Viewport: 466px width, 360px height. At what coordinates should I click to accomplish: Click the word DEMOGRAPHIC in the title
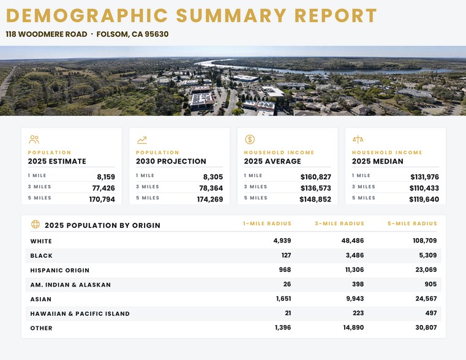pos(87,15)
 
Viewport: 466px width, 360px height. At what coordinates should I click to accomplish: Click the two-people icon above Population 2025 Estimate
pos(34,140)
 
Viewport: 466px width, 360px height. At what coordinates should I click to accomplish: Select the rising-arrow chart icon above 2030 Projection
pos(142,140)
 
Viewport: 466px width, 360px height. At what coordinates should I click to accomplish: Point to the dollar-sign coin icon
pos(250,140)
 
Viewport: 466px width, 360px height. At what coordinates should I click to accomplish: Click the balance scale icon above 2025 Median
pos(358,140)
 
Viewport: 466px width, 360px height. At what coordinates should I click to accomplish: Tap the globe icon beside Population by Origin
pos(36,224)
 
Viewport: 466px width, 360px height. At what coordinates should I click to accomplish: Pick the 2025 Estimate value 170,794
pos(102,200)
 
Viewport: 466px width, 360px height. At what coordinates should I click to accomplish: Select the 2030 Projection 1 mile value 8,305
pos(213,177)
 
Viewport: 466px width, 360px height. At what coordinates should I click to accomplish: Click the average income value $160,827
pos(315,177)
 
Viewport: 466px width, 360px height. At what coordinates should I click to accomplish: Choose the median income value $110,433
pos(424,188)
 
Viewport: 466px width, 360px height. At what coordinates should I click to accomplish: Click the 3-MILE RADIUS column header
pos(339,223)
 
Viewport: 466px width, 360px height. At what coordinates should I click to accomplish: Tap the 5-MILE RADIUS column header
pos(412,223)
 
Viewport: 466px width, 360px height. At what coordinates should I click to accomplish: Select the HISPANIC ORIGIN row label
pos(60,270)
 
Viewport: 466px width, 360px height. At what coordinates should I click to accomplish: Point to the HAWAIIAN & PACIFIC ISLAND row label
pos(80,313)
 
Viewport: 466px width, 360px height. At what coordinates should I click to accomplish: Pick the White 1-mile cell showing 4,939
pos(282,241)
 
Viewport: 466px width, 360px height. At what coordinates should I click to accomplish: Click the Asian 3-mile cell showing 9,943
pos(355,299)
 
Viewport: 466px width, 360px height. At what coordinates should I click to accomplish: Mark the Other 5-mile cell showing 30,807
pos(426,328)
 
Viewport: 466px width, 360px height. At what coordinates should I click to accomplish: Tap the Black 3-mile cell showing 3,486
pos(355,255)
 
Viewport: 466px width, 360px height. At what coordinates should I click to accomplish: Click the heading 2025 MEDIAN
pos(378,161)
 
